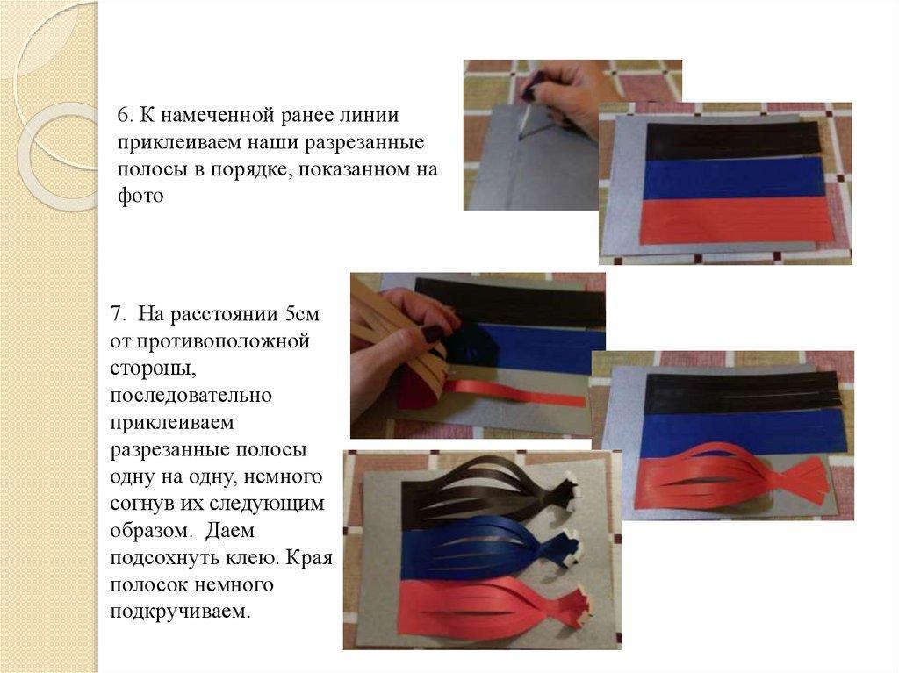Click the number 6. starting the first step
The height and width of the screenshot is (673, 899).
click(126, 116)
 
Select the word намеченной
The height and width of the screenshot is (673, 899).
click(219, 116)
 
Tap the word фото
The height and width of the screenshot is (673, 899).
click(140, 196)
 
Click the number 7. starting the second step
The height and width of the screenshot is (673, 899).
click(119, 315)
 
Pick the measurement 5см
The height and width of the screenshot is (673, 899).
click(302, 315)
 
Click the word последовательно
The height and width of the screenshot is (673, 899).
click(191, 396)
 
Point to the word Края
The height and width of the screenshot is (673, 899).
click(308, 557)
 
